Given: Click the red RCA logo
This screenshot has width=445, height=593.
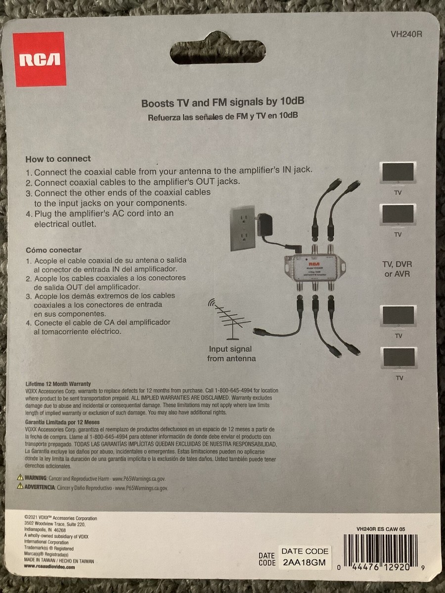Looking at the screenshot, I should pos(40,59).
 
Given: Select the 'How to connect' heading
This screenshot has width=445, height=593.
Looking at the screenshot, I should pos(58,159).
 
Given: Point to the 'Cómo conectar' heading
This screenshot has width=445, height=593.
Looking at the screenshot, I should pos(53,250).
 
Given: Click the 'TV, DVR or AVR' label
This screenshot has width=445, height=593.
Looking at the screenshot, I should pos(397,269).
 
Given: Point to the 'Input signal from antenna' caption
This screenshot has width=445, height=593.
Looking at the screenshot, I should pos(231,354).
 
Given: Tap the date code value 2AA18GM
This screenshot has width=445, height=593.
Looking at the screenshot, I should pos(304,562).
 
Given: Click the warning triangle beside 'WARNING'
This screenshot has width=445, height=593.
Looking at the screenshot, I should pos(20,478).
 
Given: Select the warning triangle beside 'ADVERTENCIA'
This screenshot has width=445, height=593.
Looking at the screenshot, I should pos(20,487).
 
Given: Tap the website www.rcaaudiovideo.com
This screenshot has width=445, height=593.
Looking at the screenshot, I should pos(49,568).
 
